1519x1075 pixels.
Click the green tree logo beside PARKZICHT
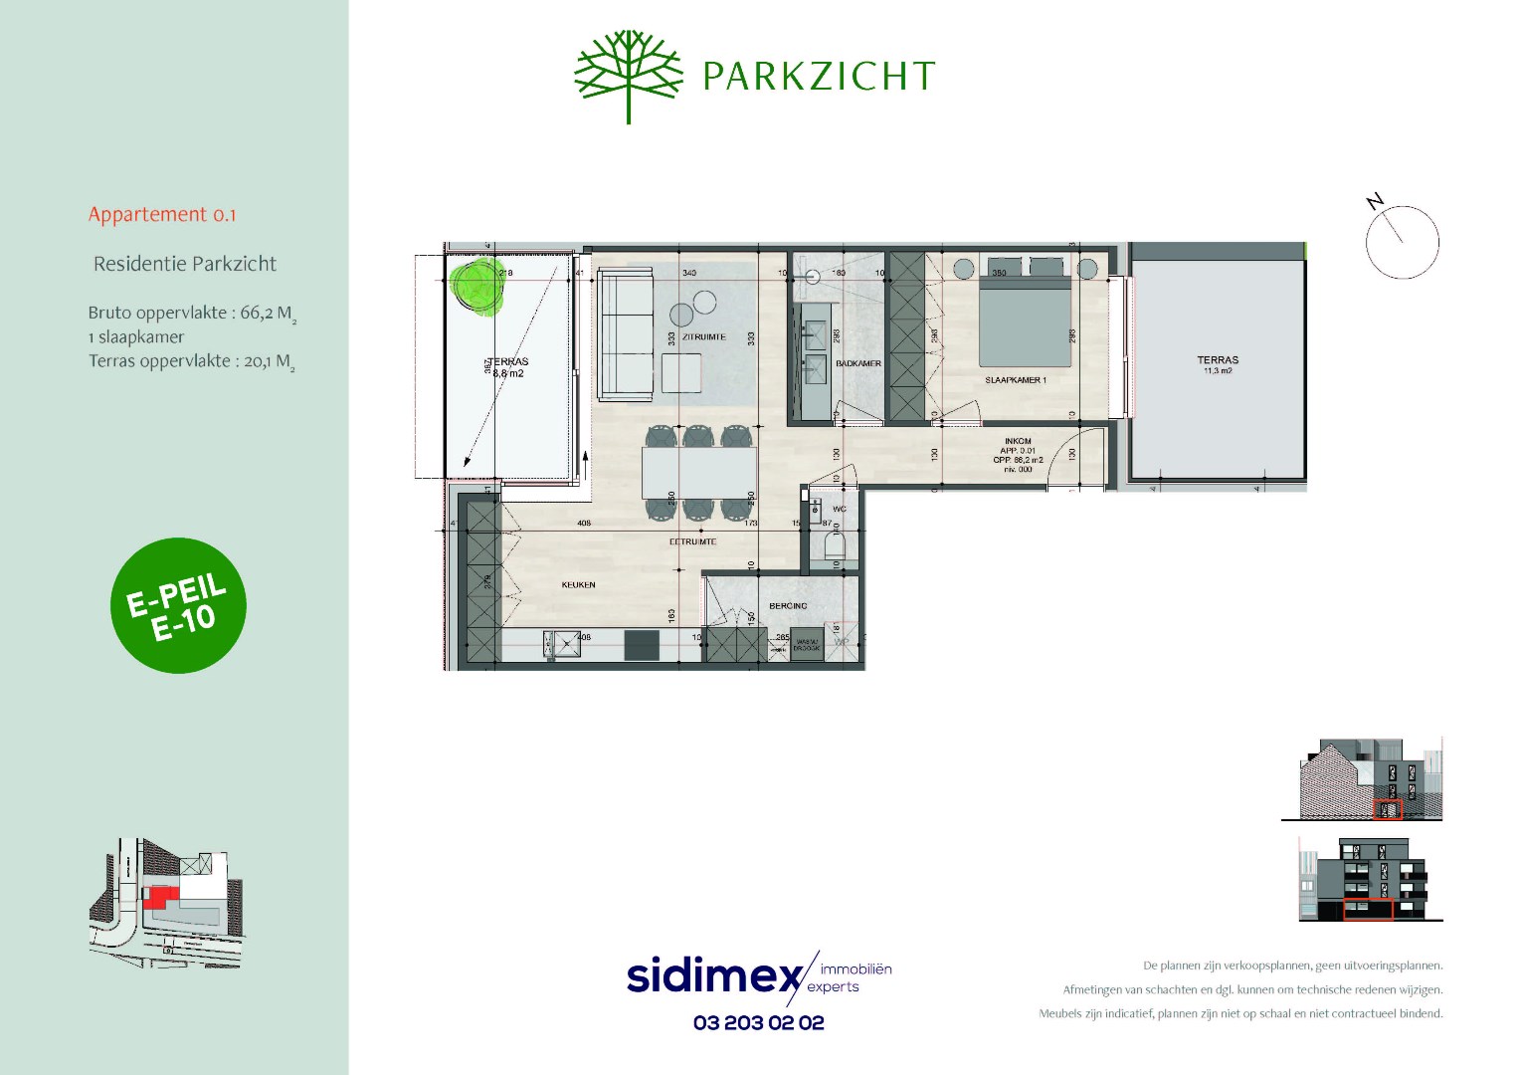(629, 75)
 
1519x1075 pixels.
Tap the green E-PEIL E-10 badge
(178, 605)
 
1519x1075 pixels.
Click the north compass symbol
(1402, 241)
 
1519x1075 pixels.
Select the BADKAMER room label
(857, 364)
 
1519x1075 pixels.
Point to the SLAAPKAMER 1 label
(1015, 380)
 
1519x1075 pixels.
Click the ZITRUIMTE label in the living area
(703, 337)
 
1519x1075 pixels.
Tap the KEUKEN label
(578, 585)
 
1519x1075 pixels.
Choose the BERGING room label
(788, 606)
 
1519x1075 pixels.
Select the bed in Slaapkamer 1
(1025, 319)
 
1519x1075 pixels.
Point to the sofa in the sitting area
(624, 333)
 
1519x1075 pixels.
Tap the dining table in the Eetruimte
(697, 473)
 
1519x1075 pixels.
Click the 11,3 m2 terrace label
(1218, 365)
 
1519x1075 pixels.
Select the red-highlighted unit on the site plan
(157, 895)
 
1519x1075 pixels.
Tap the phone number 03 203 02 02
(758, 1023)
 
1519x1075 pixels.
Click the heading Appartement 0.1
(162, 215)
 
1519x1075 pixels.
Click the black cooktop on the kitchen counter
(642, 645)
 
